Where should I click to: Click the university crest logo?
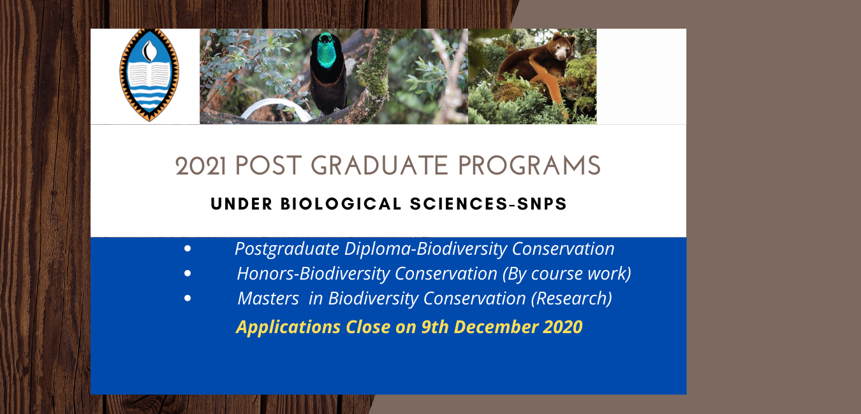tap(149, 75)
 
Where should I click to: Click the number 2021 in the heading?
tap(202, 167)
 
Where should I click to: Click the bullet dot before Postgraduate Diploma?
tap(188, 249)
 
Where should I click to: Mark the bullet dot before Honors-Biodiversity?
tap(188, 274)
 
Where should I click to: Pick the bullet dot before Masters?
tap(188, 298)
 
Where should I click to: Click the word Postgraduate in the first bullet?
tap(287, 249)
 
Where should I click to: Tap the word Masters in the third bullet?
tap(268, 298)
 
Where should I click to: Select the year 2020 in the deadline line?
tap(563, 327)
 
